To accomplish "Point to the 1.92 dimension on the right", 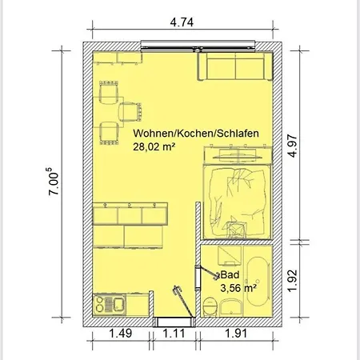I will [294, 281].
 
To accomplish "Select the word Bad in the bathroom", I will [229, 274].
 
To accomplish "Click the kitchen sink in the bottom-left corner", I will [113, 304].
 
